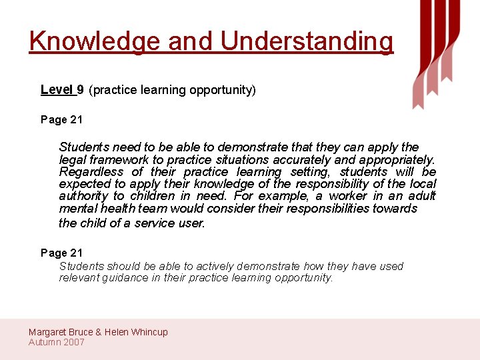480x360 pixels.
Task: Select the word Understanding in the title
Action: tap(307, 41)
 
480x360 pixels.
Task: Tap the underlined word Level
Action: tap(57, 89)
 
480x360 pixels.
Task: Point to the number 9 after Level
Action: tap(80, 89)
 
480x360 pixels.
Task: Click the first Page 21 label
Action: tap(61, 119)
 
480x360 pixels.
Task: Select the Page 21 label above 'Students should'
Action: tap(61, 253)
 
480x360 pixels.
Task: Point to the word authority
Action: tap(83, 195)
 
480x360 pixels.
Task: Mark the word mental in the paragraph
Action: tap(77, 208)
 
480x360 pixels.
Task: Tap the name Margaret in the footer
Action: tap(49, 332)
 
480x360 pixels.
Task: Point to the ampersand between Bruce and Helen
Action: tap(99, 332)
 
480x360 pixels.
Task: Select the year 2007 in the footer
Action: tap(73, 342)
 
